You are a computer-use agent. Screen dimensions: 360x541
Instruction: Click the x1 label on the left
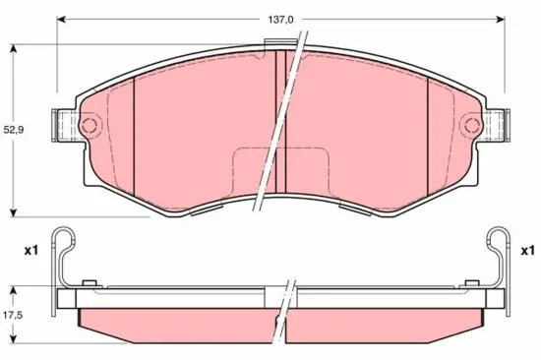[x=30, y=251]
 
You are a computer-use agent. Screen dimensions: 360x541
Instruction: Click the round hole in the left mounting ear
[x=89, y=126]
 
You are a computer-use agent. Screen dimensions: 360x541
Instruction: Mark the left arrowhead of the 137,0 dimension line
[x=61, y=19]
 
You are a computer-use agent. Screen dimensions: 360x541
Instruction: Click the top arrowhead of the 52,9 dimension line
[x=13, y=46]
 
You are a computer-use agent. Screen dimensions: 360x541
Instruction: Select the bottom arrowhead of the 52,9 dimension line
[x=13, y=213]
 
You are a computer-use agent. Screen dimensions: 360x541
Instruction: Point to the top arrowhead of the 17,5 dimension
[x=13, y=287]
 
